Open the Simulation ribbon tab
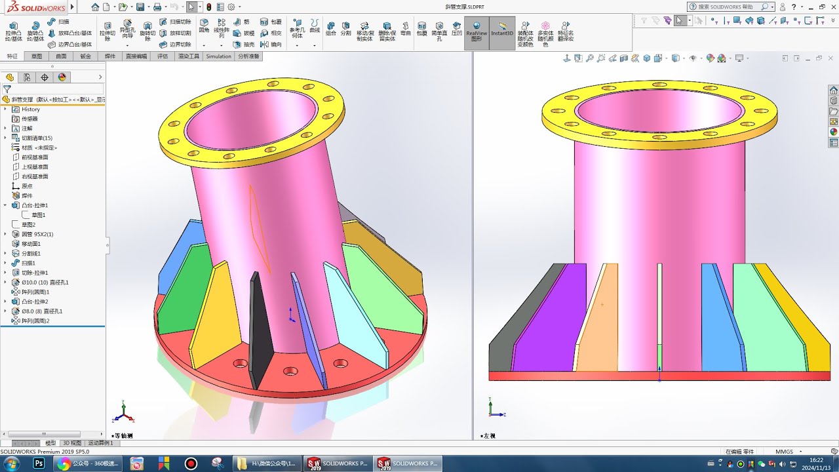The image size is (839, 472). pos(218,56)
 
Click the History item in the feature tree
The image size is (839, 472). pos(30,109)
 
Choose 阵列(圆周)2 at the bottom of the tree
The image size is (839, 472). pos(35,321)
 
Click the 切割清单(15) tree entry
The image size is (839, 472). pos(37,138)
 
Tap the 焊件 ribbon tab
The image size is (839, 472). pos(110,56)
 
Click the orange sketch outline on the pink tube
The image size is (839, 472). pos(259,229)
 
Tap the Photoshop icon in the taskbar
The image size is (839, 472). pos(39,463)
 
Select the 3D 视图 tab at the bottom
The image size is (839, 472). pos(72,443)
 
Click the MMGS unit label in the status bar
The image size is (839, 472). pos(784,452)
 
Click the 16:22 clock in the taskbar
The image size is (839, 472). pos(816,460)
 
